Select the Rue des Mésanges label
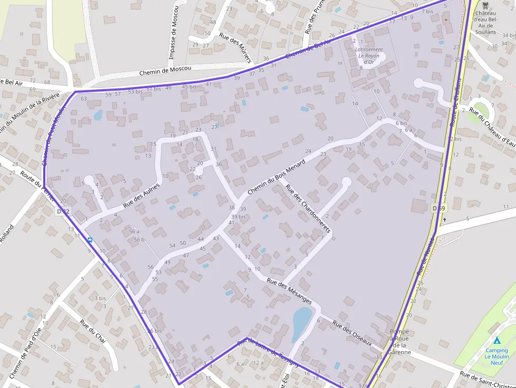290,291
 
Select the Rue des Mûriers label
235,48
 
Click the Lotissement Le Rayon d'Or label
369,56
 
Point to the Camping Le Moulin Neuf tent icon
497,341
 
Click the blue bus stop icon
90,240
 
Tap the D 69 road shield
439,208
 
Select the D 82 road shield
63,212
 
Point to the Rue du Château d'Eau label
492,126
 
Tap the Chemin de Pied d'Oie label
25,353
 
